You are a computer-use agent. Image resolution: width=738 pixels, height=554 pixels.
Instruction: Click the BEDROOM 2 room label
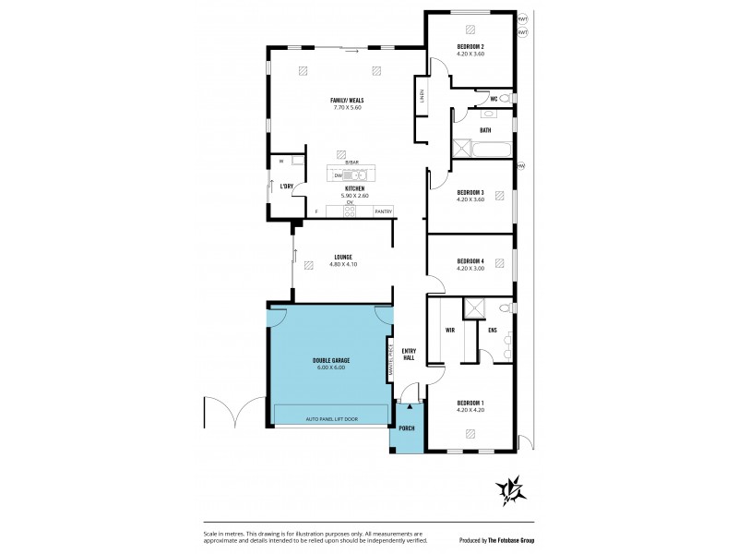click(470, 46)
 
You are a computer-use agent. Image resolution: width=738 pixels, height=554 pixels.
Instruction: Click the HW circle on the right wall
click(521, 166)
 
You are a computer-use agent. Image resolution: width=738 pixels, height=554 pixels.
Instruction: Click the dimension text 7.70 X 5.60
click(347, 107)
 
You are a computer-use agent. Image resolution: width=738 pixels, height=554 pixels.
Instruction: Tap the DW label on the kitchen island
click(339, 175)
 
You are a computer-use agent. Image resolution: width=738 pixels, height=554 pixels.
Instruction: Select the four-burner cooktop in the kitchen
click(350, 211)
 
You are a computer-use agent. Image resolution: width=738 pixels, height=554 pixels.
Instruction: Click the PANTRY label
click(383, 212)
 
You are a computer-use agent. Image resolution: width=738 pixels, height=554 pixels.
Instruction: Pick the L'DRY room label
click(286, 187)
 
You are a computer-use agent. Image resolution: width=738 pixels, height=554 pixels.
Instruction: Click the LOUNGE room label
click(343, 257)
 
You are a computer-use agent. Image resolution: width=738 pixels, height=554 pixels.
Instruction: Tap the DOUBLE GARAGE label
click(331, 360)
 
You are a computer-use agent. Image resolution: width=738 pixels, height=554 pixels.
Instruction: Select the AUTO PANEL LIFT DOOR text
click(331, 419)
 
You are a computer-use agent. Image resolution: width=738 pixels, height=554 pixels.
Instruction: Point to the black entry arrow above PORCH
click(410, 406)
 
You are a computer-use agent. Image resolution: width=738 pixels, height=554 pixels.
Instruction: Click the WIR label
click(451, 329)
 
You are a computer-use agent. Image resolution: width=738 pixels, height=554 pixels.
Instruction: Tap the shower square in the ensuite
click(476, 307)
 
